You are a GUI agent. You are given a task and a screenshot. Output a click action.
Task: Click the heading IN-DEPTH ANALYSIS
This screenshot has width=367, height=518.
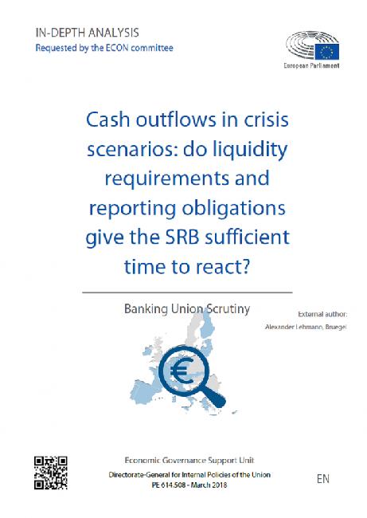click(87, 33)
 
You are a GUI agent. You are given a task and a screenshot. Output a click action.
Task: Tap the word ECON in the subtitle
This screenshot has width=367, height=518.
click(117, 48)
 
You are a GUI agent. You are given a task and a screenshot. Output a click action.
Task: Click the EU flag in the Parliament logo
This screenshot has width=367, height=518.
click(326, 52)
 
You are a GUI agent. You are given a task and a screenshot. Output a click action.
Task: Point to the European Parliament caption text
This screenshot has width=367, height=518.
click(311, 65)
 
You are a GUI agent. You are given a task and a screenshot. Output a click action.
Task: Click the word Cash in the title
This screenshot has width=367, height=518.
click(107, 120)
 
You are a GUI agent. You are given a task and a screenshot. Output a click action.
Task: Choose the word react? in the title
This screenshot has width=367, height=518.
click(222, 267)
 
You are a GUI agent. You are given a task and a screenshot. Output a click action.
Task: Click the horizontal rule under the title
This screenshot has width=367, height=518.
click(187, 292)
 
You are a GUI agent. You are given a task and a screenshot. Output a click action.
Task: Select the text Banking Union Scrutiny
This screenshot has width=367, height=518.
click(187, 309)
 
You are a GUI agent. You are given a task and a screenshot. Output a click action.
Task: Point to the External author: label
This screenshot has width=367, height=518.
click(322, 314)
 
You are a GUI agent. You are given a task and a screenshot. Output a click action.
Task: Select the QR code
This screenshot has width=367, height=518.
click(51, 473)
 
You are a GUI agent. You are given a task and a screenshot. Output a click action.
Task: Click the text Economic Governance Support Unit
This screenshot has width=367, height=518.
click(189, 460)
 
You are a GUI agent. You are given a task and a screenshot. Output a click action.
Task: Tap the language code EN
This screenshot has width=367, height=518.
click(323, 478)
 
